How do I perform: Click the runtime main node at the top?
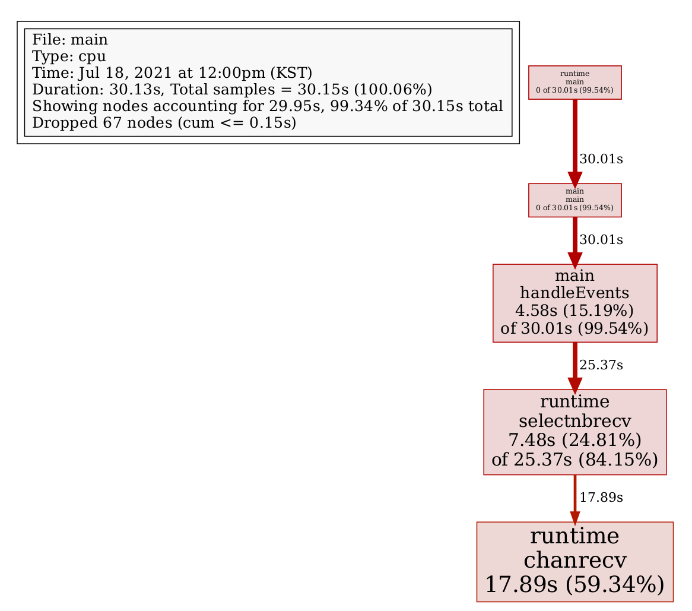coord(574,83)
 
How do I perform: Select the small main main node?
coord(574,200)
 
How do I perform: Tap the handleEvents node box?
coord(574,303)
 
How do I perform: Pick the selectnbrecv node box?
coord(574,432)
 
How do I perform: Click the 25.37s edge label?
coord(601,365)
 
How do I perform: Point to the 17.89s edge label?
coord(601,498)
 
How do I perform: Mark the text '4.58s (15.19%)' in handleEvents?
coord(574,311)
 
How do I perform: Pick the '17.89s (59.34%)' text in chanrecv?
coord(574,584)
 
